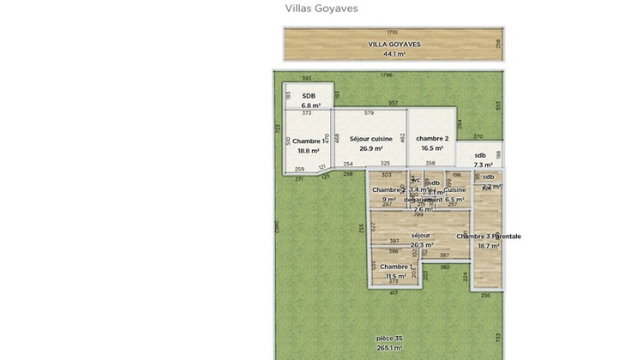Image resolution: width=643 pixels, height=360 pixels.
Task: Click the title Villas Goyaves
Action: (321, 9)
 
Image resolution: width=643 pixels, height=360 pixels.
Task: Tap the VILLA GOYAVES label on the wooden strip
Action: (394, 44)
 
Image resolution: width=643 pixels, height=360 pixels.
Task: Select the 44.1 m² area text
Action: (394, 53)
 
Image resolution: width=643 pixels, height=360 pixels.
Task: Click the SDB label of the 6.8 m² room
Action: (309, 96)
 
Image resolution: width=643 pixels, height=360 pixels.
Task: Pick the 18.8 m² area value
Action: (308, 151)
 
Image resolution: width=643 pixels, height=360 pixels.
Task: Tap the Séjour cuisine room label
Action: (370, 139)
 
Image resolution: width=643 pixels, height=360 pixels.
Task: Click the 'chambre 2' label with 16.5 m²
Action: (432, 138)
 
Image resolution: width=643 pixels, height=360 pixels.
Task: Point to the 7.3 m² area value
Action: (484, 165)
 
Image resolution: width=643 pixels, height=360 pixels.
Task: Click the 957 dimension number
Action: (393, 104)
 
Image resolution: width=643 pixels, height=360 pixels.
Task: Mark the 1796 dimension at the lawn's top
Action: (386, 75)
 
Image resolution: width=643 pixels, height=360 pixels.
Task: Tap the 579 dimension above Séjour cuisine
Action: (370, 113)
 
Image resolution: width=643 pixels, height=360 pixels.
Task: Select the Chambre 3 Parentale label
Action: (489, 237)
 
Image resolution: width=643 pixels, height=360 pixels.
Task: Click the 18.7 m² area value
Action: (489, 246)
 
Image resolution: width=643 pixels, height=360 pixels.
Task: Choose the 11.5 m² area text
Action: (395, 276)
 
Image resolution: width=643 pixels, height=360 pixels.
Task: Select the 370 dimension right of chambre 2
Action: (478, 137)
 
